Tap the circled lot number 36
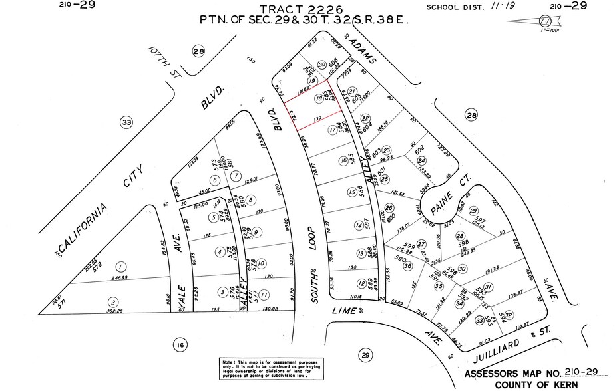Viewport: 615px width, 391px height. click(x=407, y=267)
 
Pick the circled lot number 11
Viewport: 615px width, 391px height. click(x=265, y=295)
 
